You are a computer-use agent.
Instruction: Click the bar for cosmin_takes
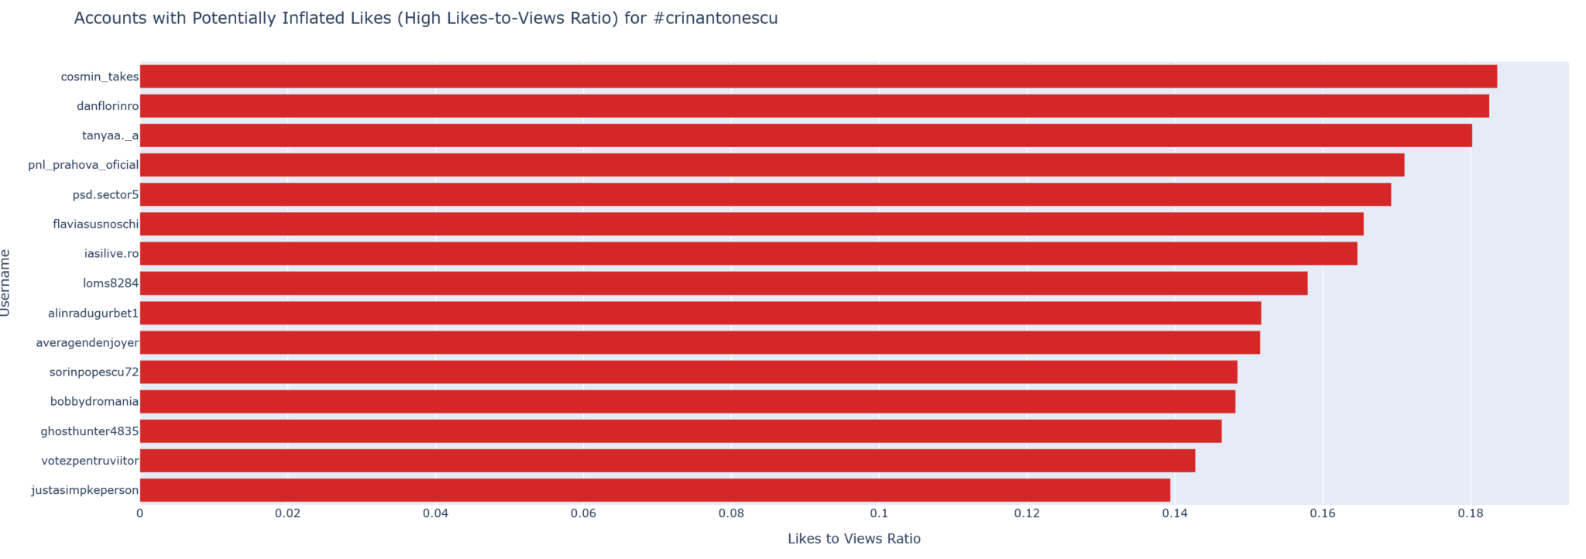(818, 77)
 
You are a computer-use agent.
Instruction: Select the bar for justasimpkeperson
(654, 490)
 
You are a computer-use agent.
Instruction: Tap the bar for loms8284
(723, 283)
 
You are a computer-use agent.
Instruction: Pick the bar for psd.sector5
(765, 194)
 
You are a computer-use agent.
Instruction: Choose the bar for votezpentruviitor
(667, 461)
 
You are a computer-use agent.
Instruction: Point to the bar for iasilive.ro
(748, 253)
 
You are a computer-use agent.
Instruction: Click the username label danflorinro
(108, 106)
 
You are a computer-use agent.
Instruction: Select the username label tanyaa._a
(110, 135)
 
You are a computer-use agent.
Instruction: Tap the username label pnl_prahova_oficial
(84, 165)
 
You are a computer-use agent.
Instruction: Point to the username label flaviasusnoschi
(96, 225)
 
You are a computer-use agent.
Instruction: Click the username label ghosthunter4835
(90, 431)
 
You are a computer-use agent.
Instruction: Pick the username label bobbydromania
(94, 402)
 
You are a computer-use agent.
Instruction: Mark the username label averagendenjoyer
(88, 342)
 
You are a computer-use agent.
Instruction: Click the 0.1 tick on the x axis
(879, 513)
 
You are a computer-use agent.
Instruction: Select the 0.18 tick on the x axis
(1471, 513)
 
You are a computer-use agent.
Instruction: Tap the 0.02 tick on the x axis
(287, 513)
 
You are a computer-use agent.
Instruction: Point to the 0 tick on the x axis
(140, 513)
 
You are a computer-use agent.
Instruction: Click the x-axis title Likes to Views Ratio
(853, 539)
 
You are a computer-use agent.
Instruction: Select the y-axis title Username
(6, 283)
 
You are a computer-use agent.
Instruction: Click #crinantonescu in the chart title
(715, 19)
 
